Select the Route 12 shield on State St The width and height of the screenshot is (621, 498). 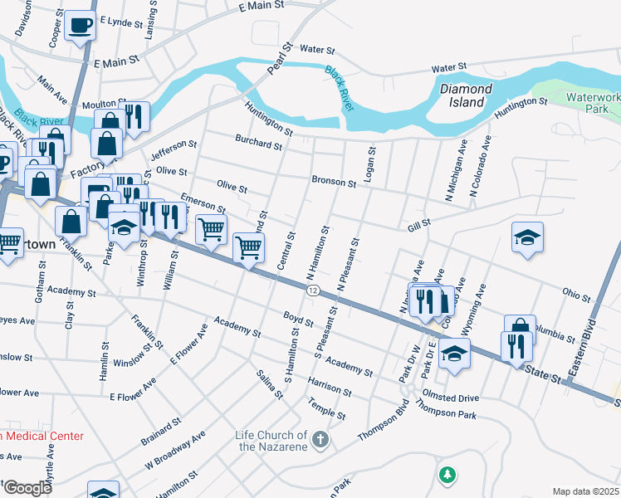pyautogui.click(x=311, y=290)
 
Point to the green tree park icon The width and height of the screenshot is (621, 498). pyautogui.click(x=447, y=475)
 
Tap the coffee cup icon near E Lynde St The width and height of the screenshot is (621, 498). pyautogui.click(x=81, y=25)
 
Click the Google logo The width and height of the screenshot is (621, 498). pyautogui.click(x=27, y=488)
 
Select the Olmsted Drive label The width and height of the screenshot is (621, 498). pyautogui.click(x=450, y=398)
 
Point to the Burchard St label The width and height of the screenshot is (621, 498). pyautogui.click(x=258, y=144)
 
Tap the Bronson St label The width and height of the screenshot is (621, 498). pyautogui.click(x=334, y=181)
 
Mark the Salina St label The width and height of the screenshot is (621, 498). pyautogui.click(x=270, y=383)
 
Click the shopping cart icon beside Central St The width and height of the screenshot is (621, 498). pyautogui.click(x=249, y=247)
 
